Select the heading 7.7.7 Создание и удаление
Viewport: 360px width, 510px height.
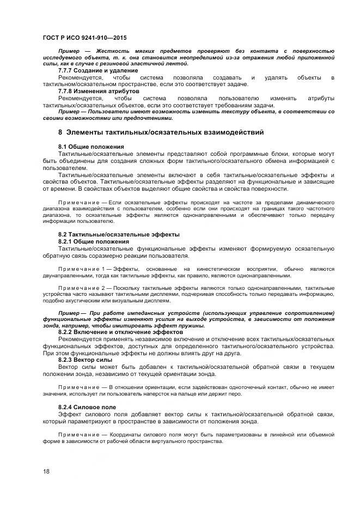(90, 71)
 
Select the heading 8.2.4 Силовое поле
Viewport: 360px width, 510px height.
(87, 407)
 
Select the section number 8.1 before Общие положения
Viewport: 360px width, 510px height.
(63, 147)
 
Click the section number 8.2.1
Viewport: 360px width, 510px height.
(65, 241)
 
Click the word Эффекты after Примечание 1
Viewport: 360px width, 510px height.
(126, 269)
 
